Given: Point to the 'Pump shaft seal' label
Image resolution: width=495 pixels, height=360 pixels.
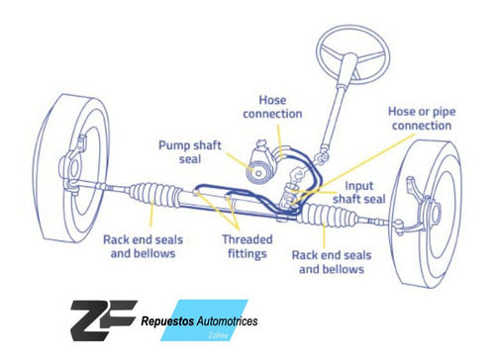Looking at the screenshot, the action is [x=190, y=152].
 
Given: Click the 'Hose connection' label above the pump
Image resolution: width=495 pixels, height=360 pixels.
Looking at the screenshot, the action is [x=272, y=107].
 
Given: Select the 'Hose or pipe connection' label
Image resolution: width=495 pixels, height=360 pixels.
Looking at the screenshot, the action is [x=422, y=119].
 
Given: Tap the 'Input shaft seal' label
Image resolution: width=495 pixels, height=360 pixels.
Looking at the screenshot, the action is [x=359, y=192].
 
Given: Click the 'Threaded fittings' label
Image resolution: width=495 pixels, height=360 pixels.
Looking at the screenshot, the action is [x=247, y=246].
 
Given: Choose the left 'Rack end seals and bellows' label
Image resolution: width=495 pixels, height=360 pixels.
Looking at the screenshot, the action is [x=143, y=246].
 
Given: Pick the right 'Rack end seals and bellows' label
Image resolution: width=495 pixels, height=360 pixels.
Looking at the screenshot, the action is [x=332, y=262].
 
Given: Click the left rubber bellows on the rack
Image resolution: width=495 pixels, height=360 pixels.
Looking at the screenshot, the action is [x=155, y=195].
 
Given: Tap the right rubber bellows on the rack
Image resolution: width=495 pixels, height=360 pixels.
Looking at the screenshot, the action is [x=330, y=216].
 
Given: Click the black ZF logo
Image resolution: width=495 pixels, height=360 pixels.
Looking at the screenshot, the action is [x=103, y=320].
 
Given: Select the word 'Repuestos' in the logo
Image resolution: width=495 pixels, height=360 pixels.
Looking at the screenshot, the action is [x=167, y=320].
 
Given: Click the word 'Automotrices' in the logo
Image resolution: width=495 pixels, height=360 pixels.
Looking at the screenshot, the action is [x=227, y=320].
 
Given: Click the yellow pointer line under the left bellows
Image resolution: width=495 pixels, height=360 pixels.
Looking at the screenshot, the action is [x=151, y=215].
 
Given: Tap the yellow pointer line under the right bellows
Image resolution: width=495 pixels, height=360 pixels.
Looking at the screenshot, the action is [x=324, y=235].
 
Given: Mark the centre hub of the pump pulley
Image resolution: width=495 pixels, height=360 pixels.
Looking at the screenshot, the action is [x=258, y=173].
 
